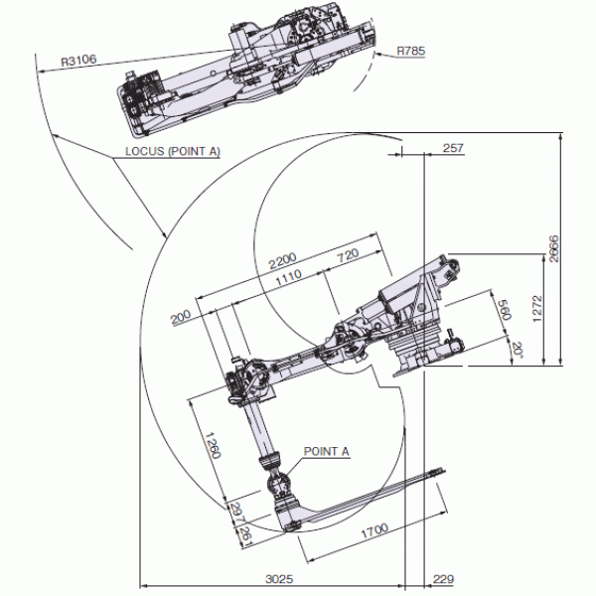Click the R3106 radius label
(78, 61)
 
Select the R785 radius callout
(410, 51)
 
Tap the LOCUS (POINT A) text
(173, 151)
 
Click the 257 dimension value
(453, 148)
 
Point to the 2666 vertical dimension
(554, 248)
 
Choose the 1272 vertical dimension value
(537, 308)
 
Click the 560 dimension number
(505, 310)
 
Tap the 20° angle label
(518, 350)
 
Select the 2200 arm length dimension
(282, 260)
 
